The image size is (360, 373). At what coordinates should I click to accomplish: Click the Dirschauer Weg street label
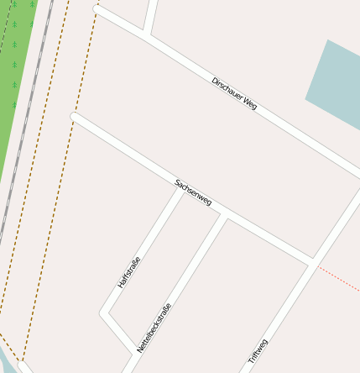(234, 93)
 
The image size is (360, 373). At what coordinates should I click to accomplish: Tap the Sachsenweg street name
(193, 193)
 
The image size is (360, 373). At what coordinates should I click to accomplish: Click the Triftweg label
(258, 351)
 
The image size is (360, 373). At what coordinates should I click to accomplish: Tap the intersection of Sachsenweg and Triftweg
(313, 263)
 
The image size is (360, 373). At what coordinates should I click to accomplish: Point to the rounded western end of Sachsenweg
(75, 117)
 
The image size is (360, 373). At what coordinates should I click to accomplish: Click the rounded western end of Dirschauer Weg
(97, 10)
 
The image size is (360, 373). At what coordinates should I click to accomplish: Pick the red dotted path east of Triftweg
(340, 280)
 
